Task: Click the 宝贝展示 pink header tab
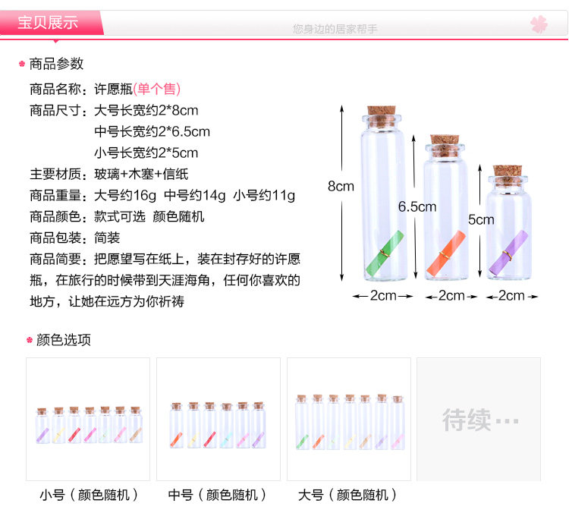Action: [49, 22]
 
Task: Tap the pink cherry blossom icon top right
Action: [539, 24]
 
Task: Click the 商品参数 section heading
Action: [56, 64]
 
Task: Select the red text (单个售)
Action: [157, 89]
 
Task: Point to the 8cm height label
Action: [341, 186]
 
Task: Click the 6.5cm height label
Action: [417, 206]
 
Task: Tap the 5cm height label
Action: [480, 220]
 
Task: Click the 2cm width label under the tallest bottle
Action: [383, 296]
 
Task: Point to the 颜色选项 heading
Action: [64, 340]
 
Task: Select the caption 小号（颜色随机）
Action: [90, 496]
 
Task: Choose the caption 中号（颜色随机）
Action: [218, 496]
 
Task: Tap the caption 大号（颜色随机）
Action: [348, 496]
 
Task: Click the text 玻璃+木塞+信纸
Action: [138, 174]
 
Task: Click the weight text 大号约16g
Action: [125, 195]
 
